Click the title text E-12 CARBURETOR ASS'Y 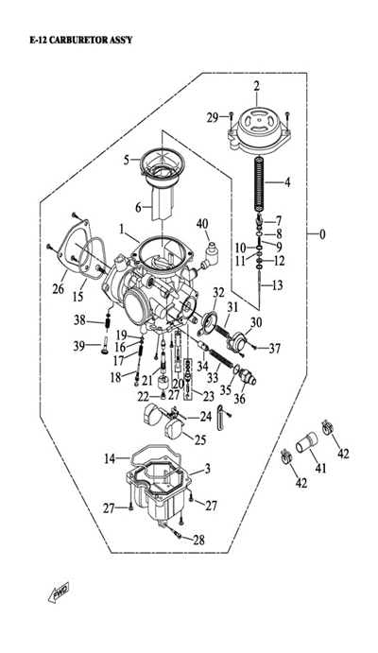(81, 41)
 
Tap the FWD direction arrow (59, 592)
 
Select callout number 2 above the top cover (256, 87)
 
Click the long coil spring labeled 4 (259, 183)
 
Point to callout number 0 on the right (322, 234)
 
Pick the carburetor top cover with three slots (258, 127)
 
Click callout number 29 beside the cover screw (213, 118)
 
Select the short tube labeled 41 (307, 443)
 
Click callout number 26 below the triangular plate (59, 288)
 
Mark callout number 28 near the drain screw (199, 541)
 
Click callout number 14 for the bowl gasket (110, 458)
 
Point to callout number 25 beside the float (200, 439)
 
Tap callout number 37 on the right (275, 349)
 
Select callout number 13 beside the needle (277, 285)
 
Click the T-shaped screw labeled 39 (105, 346)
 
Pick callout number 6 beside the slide (138, 207)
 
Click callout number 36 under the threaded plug (240, 399)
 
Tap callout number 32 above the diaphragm (218, 293)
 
